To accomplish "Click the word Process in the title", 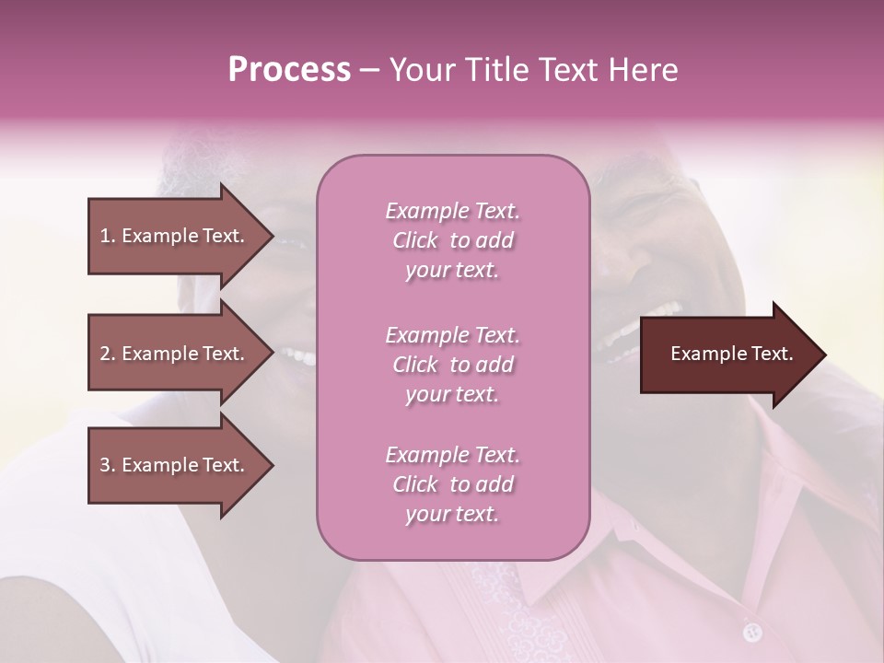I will pyautogui.click(x=289, y=70).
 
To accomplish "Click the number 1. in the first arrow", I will pyautogui.click(x=108, y=236).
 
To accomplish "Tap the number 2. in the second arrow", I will pyautogui.click(x=108, y=354).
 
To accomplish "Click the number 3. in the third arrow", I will pyautogui.click(x=108, y=465).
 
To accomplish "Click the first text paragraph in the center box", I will pyautogui.click(x=452, y=240).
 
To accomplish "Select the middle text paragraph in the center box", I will pyautogui.click(x=452, y=365).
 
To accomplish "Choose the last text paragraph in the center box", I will pyautogui.click(x=452, y=484).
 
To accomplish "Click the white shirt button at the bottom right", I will pyautogui.click(x=752, y=631).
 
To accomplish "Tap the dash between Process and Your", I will pyautogui.click(x=370, y=70).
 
